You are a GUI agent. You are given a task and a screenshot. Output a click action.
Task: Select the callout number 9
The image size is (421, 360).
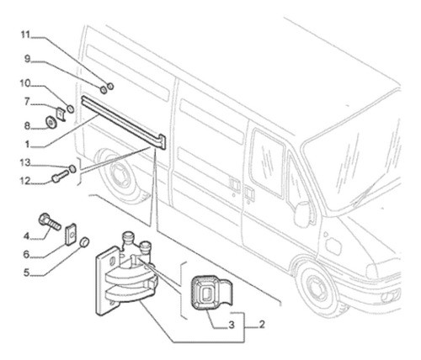pyautogui.click(x=26, y=59)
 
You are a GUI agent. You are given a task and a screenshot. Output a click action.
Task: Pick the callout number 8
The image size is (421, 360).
pyautogui.click(x=26, y=125)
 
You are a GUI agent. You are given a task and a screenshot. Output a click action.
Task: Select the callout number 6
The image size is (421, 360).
pyautogui.click(x=26, y=254)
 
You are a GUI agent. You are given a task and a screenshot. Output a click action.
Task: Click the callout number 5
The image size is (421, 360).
pyautogui.click(x=26, y=272)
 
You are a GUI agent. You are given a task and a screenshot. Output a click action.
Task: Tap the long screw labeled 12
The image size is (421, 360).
pyautogui.click(x=60, y=177)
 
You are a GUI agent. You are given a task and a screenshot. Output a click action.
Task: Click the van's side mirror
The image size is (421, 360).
pyautogui.click(x=301, y=214)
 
